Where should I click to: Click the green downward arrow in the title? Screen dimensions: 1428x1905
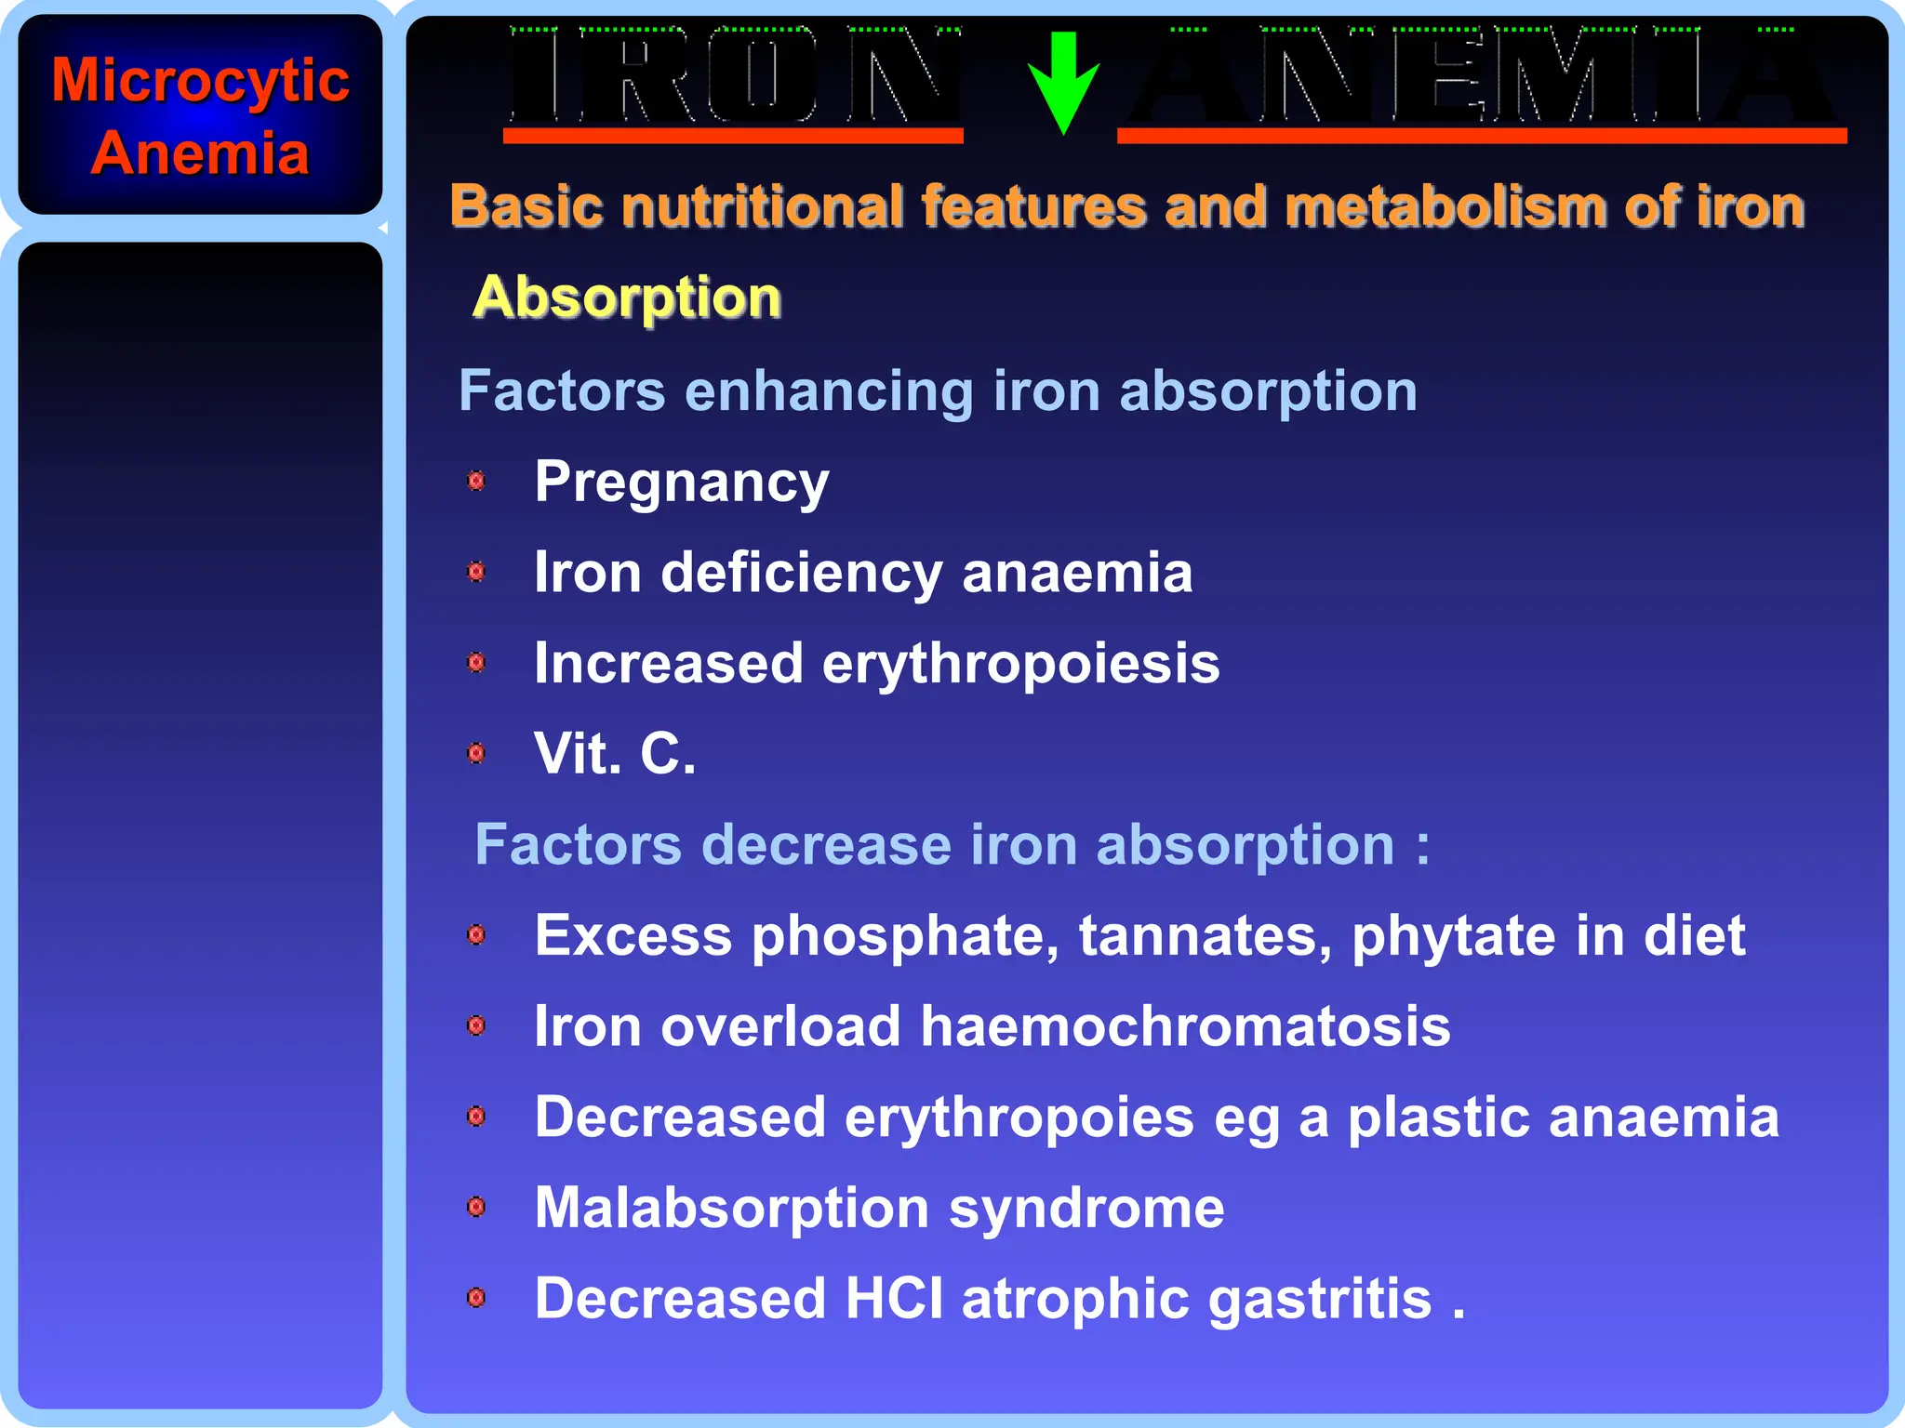(1063, 82)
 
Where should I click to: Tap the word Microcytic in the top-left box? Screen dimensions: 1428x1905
(200, 81)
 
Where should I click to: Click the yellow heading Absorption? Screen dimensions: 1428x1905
(627, 297)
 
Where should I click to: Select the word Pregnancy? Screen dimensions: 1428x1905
(681, 483)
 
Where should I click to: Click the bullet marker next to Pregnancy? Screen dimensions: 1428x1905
(476, 481)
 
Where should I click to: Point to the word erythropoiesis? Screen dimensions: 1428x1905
(1020, 665)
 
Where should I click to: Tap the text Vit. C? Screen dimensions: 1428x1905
(615, 753)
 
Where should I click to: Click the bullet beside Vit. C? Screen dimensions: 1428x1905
(476, 753)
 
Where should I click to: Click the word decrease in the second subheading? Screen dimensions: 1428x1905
(826, 845)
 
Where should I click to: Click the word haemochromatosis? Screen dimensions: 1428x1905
(1185, 1026)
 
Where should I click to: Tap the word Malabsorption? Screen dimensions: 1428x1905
(732, 1208)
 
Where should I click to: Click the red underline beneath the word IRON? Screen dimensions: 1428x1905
(733, 136)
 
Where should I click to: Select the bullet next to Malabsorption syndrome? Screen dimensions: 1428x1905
(476, 1207)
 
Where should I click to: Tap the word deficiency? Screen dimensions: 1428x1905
(802, 574)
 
